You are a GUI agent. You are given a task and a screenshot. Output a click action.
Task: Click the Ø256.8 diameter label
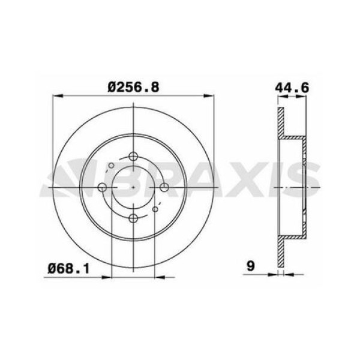coord(133,87)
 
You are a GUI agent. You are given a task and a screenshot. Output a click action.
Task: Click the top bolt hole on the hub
coord(133,157)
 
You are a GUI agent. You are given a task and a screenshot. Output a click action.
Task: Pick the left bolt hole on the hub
coord(103,187)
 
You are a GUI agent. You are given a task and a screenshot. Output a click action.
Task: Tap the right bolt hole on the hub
coord(163,187)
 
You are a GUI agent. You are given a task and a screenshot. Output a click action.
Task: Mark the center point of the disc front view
coord(133,187)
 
